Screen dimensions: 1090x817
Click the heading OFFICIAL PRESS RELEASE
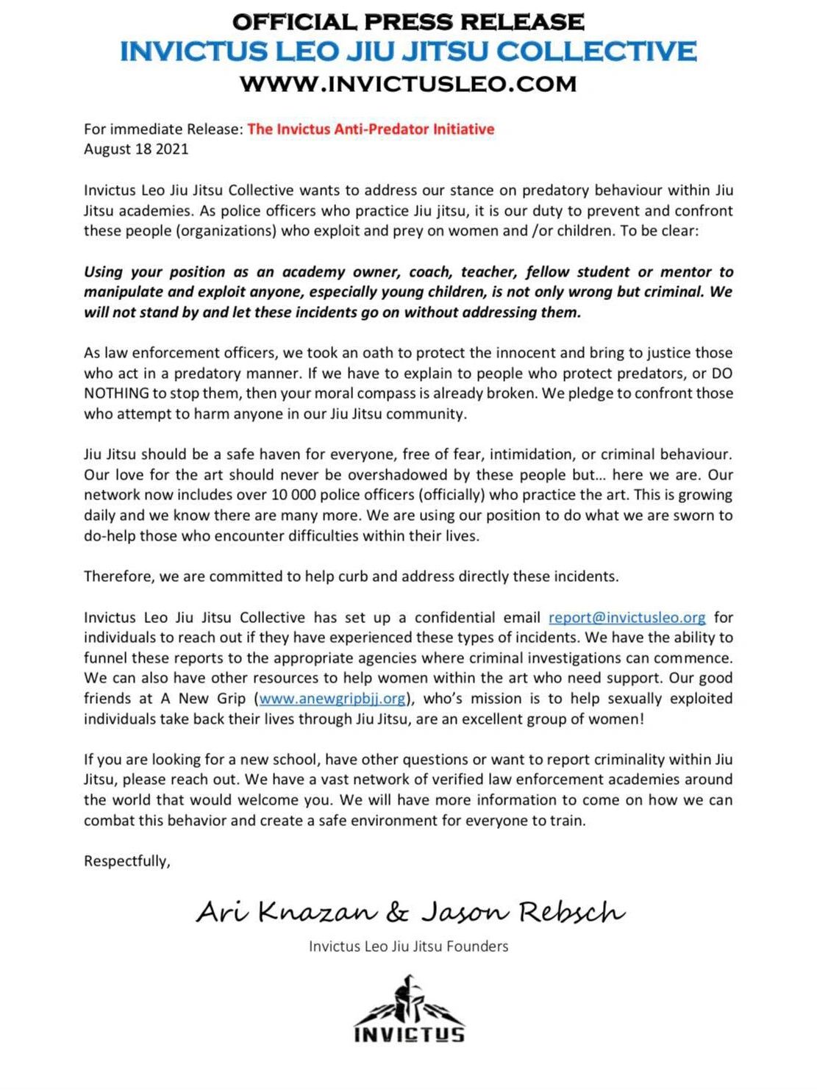coord(408,21)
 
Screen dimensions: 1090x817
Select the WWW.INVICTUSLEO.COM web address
coord(408,83)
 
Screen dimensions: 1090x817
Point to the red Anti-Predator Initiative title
coord(371,129)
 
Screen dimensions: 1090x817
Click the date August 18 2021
coord(136,149)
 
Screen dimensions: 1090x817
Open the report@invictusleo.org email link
coord(627,618)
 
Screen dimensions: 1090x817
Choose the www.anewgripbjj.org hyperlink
coord(332,699)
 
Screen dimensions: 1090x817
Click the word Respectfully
coord(126,861)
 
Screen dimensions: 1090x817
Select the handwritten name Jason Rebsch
coord(523,913)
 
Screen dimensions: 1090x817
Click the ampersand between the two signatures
coord(397,913)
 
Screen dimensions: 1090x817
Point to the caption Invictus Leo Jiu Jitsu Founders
coord(408,947)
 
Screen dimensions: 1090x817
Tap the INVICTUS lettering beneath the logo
coord(409,1035)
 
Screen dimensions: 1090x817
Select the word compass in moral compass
coord(418,393)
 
